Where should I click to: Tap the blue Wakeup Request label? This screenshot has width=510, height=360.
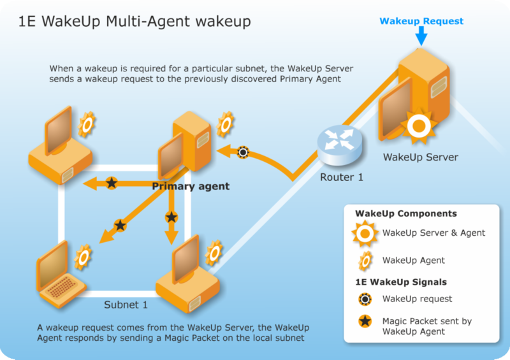click(421, 21)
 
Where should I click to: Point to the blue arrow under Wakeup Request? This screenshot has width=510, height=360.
click(421, 36)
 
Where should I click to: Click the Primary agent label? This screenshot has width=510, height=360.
click(190, 187)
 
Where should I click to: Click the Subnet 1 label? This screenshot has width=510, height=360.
click(126, 305)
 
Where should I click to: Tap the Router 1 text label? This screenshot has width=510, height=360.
click(341, 177)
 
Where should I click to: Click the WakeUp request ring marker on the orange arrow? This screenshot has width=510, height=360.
click(242, 152)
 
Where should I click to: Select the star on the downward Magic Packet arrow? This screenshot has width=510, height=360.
click(171, 217)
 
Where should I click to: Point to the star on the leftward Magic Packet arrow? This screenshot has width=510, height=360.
click(112, 183)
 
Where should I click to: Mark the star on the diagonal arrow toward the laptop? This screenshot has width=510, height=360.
click(120, 224)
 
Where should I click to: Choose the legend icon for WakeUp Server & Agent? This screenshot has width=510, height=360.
click(365, 233)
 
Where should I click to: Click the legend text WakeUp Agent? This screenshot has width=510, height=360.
click(413, 260)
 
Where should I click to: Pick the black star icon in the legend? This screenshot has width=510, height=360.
click(365, 321)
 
